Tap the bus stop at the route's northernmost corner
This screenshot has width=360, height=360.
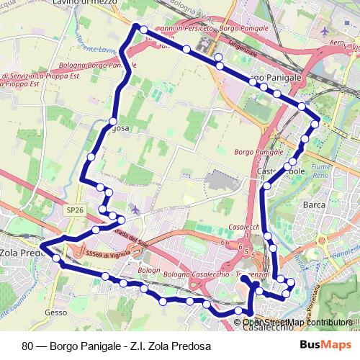pyautogui.click(x=144, y=30)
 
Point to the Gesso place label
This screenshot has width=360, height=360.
pyautogui.click(x=55, y=312)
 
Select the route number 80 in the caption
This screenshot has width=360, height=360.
pyautogui.click(x=27, y=346)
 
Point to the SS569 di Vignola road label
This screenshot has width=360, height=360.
pyautogui.click(x=107, y=255)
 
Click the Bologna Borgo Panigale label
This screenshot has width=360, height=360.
pyautogui.click(x=94, y=66)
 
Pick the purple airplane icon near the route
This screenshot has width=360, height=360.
pyautogui.click(x=135, y=209)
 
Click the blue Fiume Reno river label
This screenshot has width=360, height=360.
pyautogui.click(x=339, y=171)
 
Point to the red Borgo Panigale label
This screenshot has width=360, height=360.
pyautogui.click(x=258, y=152)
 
